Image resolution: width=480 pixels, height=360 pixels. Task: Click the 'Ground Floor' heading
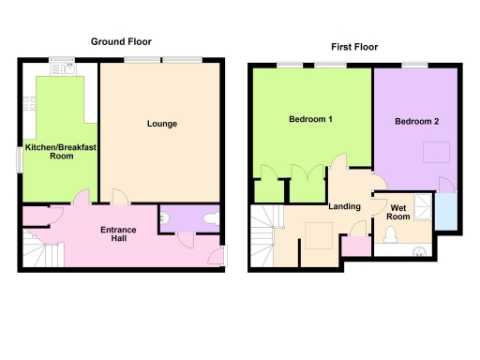121,41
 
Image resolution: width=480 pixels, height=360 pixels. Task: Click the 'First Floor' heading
354,47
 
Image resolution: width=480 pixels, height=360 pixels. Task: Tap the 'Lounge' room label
162,124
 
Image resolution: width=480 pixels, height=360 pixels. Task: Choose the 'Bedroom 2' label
415,122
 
